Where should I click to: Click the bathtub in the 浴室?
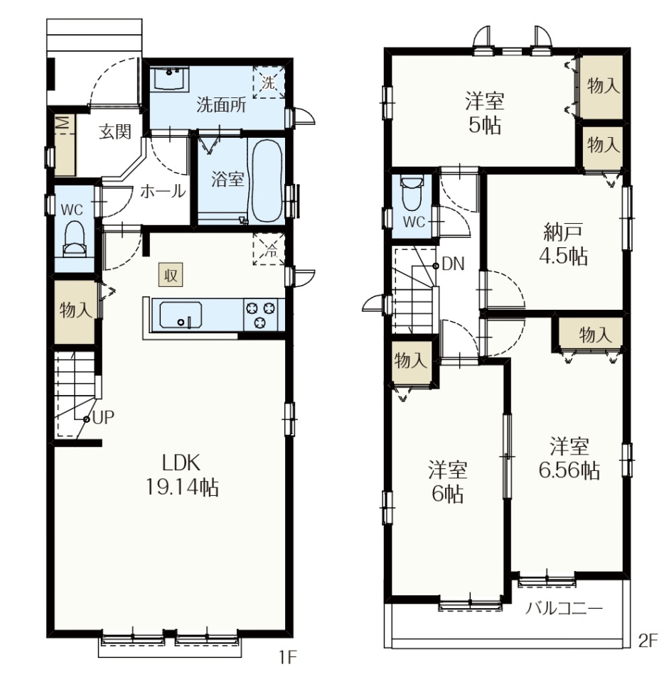pos(266,180)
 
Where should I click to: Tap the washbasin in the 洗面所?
pos(170,79)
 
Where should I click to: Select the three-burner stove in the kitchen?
pos(260,314)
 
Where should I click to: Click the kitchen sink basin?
pos(181,315)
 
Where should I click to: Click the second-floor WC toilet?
pos(412,193)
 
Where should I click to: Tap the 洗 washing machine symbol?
pos(269,82)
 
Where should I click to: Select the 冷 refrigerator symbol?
pos(269,249)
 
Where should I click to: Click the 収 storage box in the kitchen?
pos(170,274)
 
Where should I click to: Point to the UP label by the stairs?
pos(103,418)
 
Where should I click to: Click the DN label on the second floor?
pos(453,264)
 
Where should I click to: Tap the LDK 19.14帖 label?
pos(181,475)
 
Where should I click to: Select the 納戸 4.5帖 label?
pos(563,244)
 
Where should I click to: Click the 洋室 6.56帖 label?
pos(569,458)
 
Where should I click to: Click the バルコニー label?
pos(564,608)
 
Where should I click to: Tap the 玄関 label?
pos(115,132)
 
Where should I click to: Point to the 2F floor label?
pos(648,641)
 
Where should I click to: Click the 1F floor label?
pos(288,657)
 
